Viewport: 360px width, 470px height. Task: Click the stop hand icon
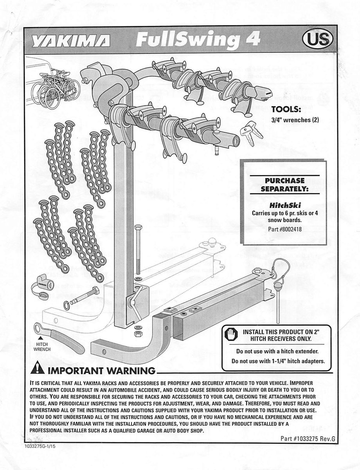tap(231, 335)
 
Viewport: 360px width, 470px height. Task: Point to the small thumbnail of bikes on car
tap(54, 84)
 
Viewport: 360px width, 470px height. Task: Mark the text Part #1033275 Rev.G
tap(308, 438)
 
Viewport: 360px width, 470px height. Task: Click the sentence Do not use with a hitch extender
tap(278, 351)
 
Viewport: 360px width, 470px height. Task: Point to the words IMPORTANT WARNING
tap(101, 370)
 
